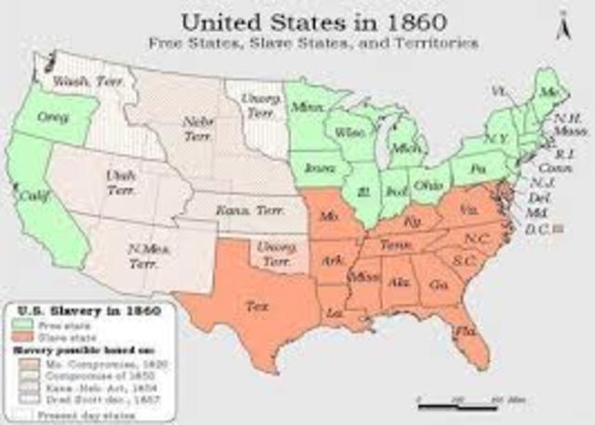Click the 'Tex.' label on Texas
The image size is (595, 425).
tap(253, 304)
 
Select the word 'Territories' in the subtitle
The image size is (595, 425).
tap(441, 43)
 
